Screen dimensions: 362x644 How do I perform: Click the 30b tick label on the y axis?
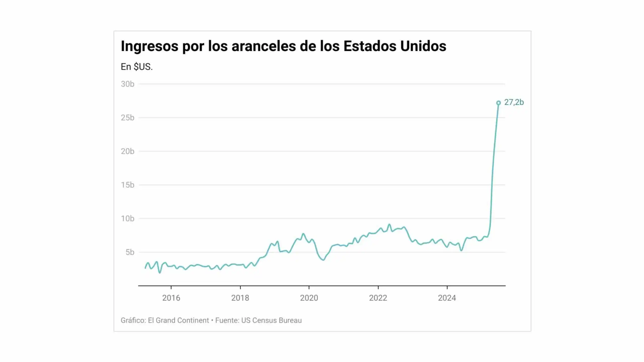pyautogui.click(x=128, y=84)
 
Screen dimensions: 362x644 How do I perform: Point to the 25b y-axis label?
pyautogui.click(x=128, y=118)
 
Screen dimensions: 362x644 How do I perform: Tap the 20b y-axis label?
pyautogui.click(x=128, y=151)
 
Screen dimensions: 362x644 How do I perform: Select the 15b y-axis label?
pyautogui.click(x=128, y=185)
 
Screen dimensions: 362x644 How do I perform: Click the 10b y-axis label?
pyautogui.click(x=128, y=219)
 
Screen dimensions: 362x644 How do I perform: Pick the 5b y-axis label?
pyautogui.click(x=130, y=252)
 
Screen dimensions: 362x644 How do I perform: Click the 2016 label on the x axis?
pyautogui.click(x=171, y=298)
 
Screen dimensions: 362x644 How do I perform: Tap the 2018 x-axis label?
pyautogui.click(x=240, y=298)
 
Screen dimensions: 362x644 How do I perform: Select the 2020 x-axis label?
pyautogui.click(x=309, y=298)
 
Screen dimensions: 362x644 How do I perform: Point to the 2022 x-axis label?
pyautogui.click(x=378, y=298)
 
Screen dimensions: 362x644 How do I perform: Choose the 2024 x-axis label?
pyautogui.click(x=447, y=298)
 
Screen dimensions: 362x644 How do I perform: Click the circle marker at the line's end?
pyautogui.click(x=498, y=103)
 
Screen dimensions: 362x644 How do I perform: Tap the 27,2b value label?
pyautogui.click(x=514, y=102)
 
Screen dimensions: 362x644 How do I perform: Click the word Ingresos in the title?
pyautogui.click(x=149, y=46)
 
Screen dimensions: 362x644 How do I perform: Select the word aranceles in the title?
pyautogui.click(x=264, y=46)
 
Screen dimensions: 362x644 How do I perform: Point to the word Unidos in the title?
pyautogui.click(x=423, y=46)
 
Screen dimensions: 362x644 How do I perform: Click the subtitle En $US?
pyautogui.click(x=137, y=67)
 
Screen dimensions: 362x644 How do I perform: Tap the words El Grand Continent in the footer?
pyautogui.click(x=178, y=321)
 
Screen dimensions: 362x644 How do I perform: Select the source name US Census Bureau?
pyautogui.click(x=271, y=321)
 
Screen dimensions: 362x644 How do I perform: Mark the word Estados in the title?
pyautogui.click(x=370, y=46)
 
